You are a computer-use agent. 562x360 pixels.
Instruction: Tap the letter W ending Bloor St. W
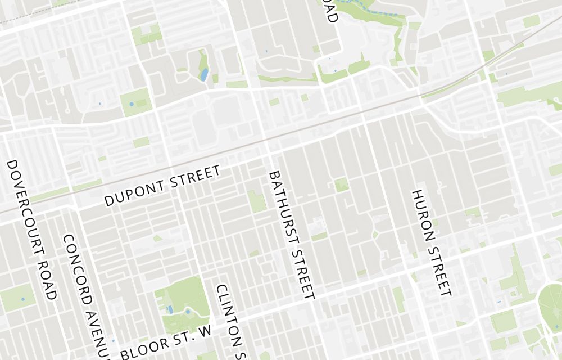pyautogui.click(x=206, y=328)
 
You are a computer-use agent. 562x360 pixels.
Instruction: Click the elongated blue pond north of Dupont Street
pyautogui.click(x=205, y=74)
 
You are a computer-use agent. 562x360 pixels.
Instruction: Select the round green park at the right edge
pyautogui.click(x=551, y=304)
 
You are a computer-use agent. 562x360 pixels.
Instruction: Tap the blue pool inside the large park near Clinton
pyautogui.click(x=170, y=309)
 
